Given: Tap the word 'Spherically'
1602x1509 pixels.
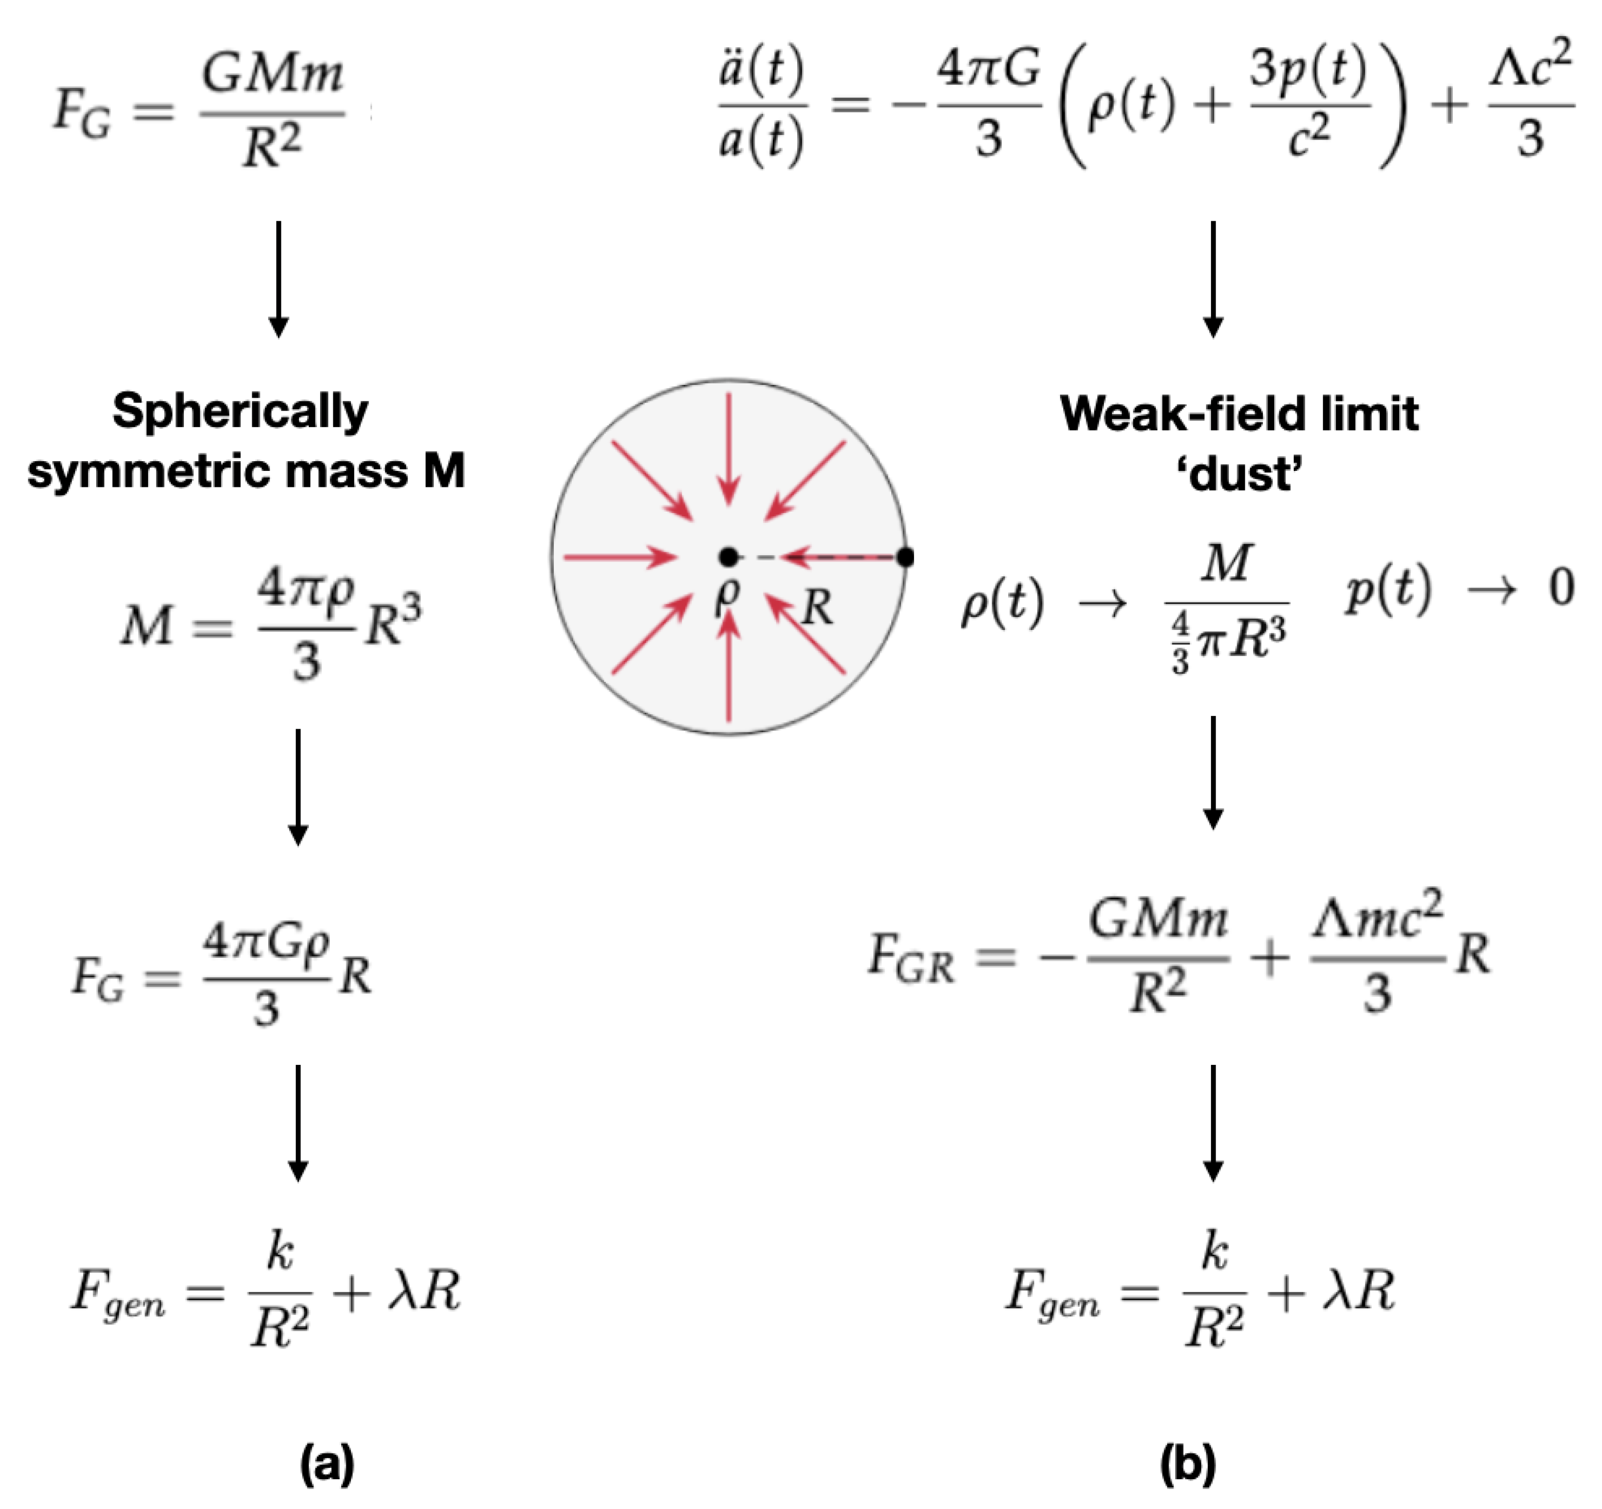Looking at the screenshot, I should pyautogui.click(x=240, y=411).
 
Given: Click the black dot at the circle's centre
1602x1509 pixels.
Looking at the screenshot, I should pyautogui.click(x=729, y=556).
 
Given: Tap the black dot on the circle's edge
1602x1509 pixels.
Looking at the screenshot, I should pyautogui.click(x=905, y=556).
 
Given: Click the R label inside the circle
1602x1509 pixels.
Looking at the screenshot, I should pyautogui.click(x=817, y=607).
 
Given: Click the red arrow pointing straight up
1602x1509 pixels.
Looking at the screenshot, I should pyautogui.click(x=729, y=665).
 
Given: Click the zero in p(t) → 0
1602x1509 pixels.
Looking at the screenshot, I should pyautogui.click(x=1561, y=588).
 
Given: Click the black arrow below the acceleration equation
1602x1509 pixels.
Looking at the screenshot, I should pyautogui.click(x=1213, y=278).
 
